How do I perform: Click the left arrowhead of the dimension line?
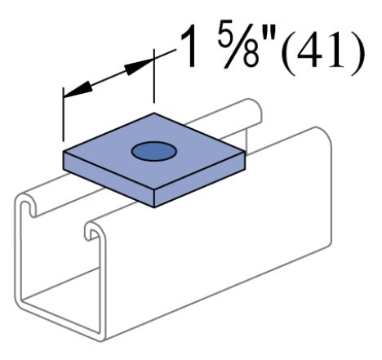pyautogui.click(x=72, y=90)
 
